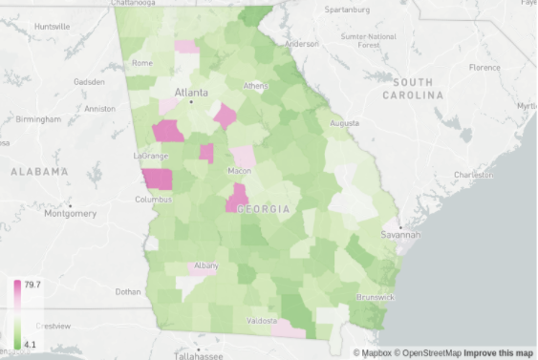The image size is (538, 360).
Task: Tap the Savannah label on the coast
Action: pyautogui.click(x=399, y=234)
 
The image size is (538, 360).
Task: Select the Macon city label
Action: pyautogui.click(x=239, y=171)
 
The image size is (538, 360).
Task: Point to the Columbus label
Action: pyautogui.click(x=153, y=200)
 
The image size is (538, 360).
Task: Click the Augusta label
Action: pyautogui.click(x=345, y=123)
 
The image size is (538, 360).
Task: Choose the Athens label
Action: pyautogui.click(x=255, y=85)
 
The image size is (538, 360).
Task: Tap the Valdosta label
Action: pyautogui.click(x=262, y=320)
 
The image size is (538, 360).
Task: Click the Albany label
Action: pyautogui.click(x=205, y=265)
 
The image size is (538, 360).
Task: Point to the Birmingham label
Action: pyautogui.click(x=37, y=119)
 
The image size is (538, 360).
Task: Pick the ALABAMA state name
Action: pyautogui.click(x=39, y=172)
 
